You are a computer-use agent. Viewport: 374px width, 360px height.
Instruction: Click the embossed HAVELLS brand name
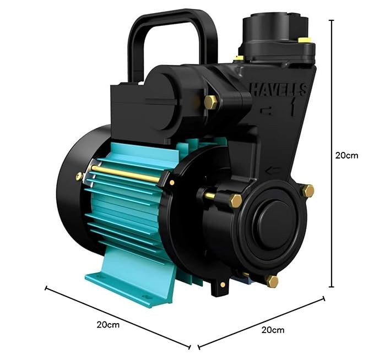coord(278,89)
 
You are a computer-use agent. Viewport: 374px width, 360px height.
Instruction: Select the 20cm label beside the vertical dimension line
coord(346,155)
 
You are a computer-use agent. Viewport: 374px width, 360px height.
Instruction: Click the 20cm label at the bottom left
coord(108,325)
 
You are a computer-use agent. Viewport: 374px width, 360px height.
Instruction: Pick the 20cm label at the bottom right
coord(273,330)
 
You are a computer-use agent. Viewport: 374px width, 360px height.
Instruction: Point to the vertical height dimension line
coord(331,154)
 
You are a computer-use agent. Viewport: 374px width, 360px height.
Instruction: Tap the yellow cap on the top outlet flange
coord(305,40)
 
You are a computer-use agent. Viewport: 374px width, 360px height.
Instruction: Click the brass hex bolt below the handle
coord(210,102)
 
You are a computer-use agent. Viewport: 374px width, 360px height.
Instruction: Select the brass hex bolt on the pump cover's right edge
coord(308,190)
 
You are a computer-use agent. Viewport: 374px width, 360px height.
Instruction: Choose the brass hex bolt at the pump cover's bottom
coord(272,281)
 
